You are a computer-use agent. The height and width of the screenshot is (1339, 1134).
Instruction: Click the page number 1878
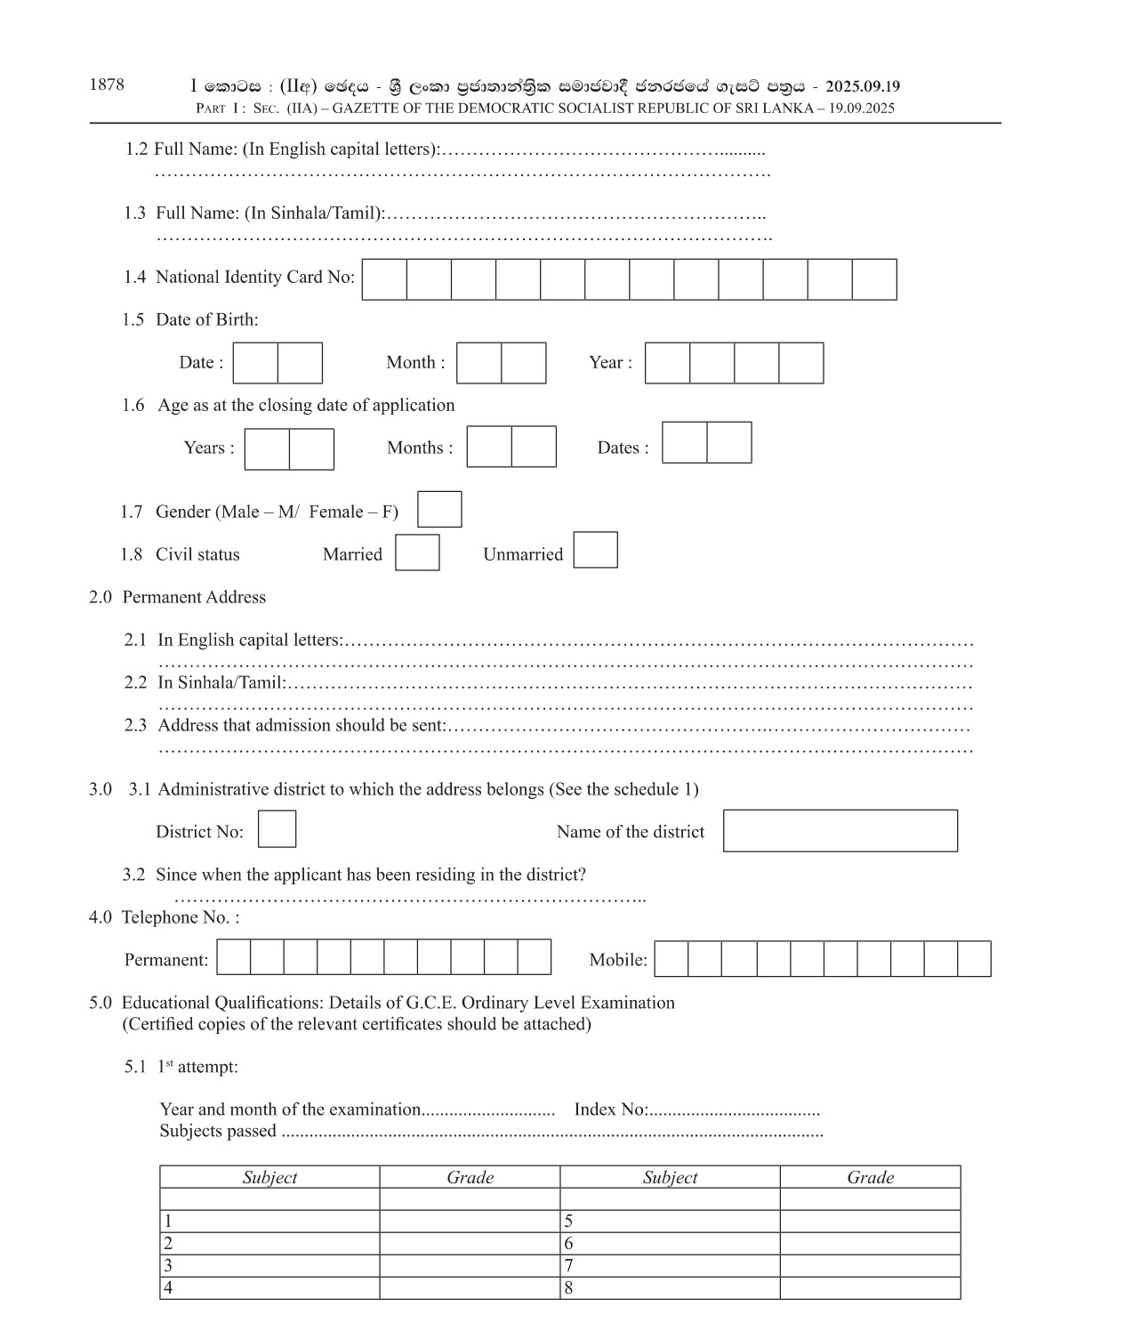point(107,85)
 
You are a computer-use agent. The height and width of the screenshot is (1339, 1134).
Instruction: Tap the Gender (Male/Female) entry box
point(439,510)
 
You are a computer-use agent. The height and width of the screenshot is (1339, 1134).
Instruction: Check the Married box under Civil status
point(417,553)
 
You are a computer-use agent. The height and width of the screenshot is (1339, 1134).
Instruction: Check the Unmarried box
point(595,550)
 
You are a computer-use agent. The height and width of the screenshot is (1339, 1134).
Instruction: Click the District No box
point(277,829)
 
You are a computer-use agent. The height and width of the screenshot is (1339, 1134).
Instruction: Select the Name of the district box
point(840,831)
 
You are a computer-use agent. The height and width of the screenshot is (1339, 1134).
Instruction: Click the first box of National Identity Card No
point(384,279)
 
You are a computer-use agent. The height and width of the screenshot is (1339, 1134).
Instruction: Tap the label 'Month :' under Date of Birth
point(415,363)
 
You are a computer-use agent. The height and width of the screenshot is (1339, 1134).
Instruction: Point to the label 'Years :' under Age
point(209,448)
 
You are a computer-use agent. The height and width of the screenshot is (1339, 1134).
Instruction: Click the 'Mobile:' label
point(618,960)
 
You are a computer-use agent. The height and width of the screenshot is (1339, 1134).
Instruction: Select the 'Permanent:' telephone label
point(166,960)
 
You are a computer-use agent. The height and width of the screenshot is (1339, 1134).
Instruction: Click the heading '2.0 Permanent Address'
point(177,598)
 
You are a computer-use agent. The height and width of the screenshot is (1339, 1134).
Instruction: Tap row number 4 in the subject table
point(168,1288)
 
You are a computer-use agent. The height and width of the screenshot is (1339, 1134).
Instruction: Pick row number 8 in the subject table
point(568,1288)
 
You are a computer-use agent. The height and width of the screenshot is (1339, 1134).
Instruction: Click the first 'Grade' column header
point(470,1178)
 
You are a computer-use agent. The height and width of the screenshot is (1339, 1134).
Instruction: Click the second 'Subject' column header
point(670,1178)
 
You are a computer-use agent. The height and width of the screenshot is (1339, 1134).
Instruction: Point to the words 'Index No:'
point(610,1109)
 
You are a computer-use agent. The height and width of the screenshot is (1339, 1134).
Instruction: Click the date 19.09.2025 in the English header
point(861,109)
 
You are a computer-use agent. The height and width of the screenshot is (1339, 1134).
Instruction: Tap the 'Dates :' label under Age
point(623,448)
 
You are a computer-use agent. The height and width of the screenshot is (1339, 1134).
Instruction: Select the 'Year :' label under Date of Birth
point(610,363)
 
